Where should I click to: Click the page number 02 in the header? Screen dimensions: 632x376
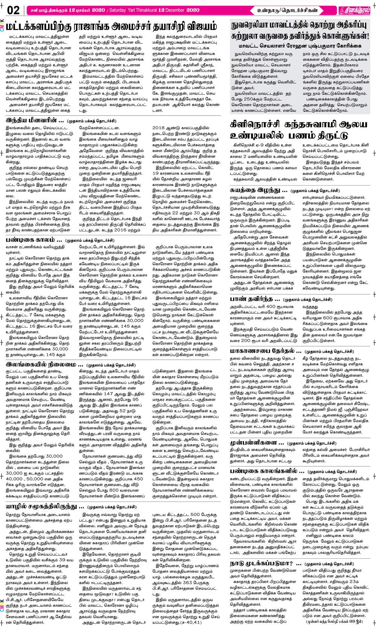13,10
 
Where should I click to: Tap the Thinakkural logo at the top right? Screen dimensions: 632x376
354,10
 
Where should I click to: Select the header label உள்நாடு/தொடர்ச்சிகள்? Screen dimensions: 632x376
288,10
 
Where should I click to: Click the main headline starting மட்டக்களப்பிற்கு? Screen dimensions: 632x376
111,27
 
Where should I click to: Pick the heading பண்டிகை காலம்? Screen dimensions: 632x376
34,240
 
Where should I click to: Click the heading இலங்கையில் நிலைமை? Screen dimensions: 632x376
44,364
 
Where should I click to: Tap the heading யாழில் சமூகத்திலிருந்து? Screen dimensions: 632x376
45,507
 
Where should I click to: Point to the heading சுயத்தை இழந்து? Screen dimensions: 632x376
259,190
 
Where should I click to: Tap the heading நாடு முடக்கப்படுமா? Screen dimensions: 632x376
265,564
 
